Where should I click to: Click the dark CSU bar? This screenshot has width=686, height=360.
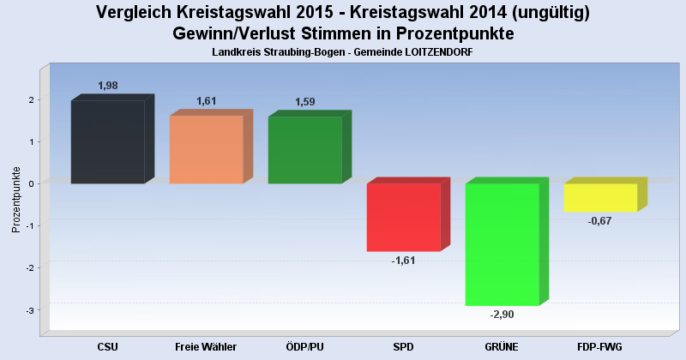pyautogui.click(x=107, y=141)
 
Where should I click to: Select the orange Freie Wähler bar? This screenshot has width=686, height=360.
pyautogui.click(x=206, y=149)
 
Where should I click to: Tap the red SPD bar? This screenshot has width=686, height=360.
pyautogui.click(x=403, y=217)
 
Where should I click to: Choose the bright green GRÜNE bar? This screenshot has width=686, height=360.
pyautogui.click(x=502, y=244)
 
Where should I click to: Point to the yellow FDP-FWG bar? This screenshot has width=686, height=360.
pyautogui.click(x=600, y=197)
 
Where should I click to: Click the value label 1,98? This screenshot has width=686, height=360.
pyautogui.click(x=107, y=86)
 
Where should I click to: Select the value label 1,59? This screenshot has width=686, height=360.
pyautogui.click(x=305, y=102)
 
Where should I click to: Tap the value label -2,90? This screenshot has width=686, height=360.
pyautogui.click(x=502, y=315)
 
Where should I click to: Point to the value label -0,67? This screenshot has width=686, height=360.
pyautogui.click(x=600, y=221)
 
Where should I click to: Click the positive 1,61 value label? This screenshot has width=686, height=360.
pyautogui.click(x=207, y=101)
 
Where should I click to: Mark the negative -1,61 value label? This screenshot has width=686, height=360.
pyautogui.click(x=403, y=261)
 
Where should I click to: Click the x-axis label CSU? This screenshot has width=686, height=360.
pyautogui.click(x=107, y=346)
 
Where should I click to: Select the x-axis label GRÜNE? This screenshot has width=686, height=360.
pyautogui.click(x=502, y=346)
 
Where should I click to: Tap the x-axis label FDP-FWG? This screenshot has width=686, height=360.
pyautogui.click(x=600, y=346)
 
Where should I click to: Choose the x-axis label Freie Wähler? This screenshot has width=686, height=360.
pyautogui.click(x=206, y=346)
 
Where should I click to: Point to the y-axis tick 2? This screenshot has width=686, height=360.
pyautogui.click(x=30, y=100)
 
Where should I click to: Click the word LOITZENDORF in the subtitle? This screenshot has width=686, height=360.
pyautogui.click(x=436, y=53)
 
